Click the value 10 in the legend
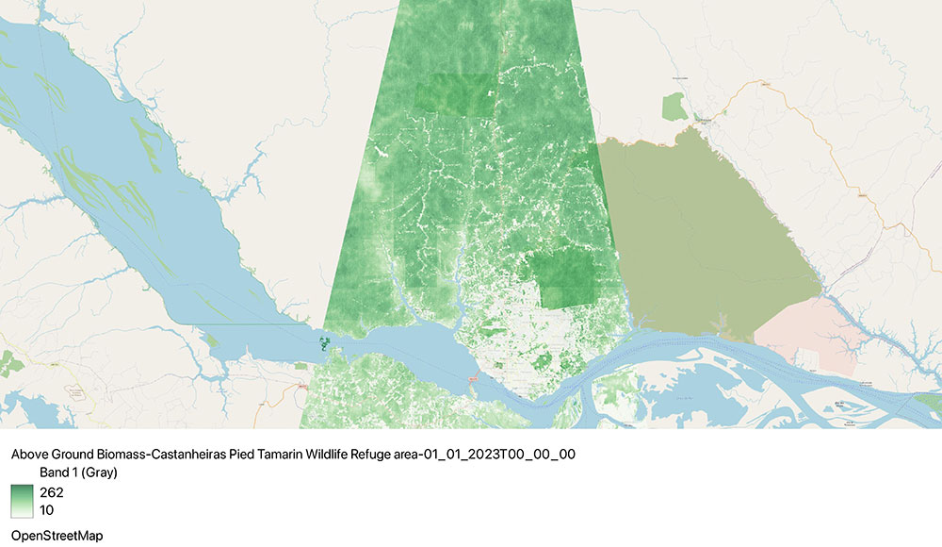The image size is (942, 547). pyautogui.click(x=46, y=510)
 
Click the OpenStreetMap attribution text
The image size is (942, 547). pyautogui.click(x=57, y=535)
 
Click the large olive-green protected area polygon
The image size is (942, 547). pyautogui.click(x=706, y=236)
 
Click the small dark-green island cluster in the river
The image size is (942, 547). pyautogui.click(x=325, y=344)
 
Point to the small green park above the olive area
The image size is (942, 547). pyautogui.click(x=674, y=107)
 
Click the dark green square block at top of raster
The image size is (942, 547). pyautogui.click(x=453, y=94)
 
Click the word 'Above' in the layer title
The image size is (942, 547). pyautogui.click(x=29, y=454)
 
